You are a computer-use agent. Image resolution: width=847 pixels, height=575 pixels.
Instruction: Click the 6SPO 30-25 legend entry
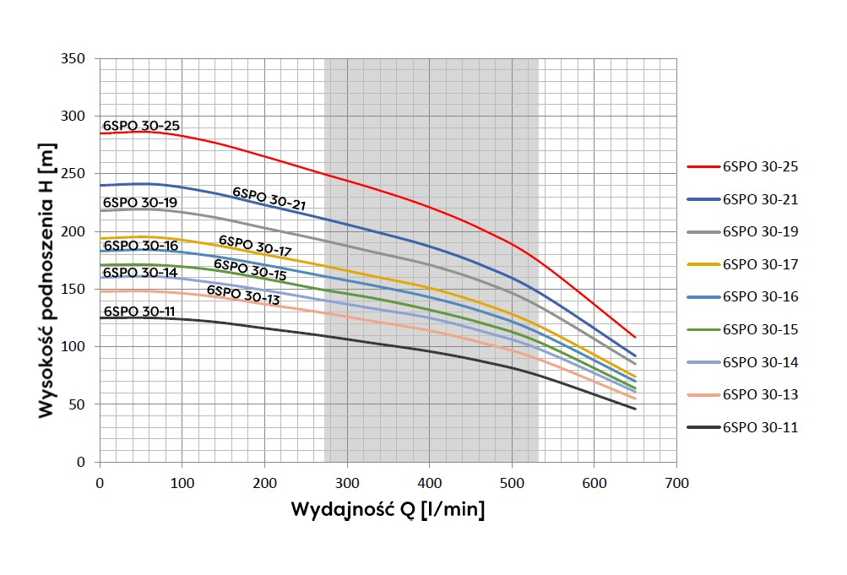(x=760, y=166)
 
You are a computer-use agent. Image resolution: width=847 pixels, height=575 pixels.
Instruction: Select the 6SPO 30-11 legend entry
(x=760, y=427)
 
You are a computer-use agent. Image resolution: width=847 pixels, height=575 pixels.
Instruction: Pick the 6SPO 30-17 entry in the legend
(x=760, y=264)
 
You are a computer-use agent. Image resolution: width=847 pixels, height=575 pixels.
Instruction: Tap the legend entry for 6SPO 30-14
(x=760, y=362)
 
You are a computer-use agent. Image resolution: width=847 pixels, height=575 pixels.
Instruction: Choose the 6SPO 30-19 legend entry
(x=760, y=231)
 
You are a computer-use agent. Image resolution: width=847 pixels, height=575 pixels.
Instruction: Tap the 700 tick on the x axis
(x=676, y=483)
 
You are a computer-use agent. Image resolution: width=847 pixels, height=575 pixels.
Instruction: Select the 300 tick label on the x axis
(x=347, y=483)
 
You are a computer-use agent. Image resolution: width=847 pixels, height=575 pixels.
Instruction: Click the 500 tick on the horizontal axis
(x=512, y=483)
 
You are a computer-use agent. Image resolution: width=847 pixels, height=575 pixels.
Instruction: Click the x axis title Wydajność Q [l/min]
(x=388, y=511)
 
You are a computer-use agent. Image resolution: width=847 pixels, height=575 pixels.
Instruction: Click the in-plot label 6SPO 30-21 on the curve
(x=269, y=198)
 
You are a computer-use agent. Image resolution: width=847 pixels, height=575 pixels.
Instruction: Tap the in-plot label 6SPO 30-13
(x=242, y=294)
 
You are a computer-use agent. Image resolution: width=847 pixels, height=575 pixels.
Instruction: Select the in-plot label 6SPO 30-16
(x=141, y=246)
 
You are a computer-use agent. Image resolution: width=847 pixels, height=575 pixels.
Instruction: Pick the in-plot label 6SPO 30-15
(x=250, y=269)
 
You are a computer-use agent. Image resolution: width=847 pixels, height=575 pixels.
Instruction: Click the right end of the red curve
(x=635, y=337)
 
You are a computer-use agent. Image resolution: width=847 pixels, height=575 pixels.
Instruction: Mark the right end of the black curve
(x=635, y=409)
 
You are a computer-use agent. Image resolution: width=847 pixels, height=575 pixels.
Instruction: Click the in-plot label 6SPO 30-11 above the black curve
(x=139, y=312)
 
